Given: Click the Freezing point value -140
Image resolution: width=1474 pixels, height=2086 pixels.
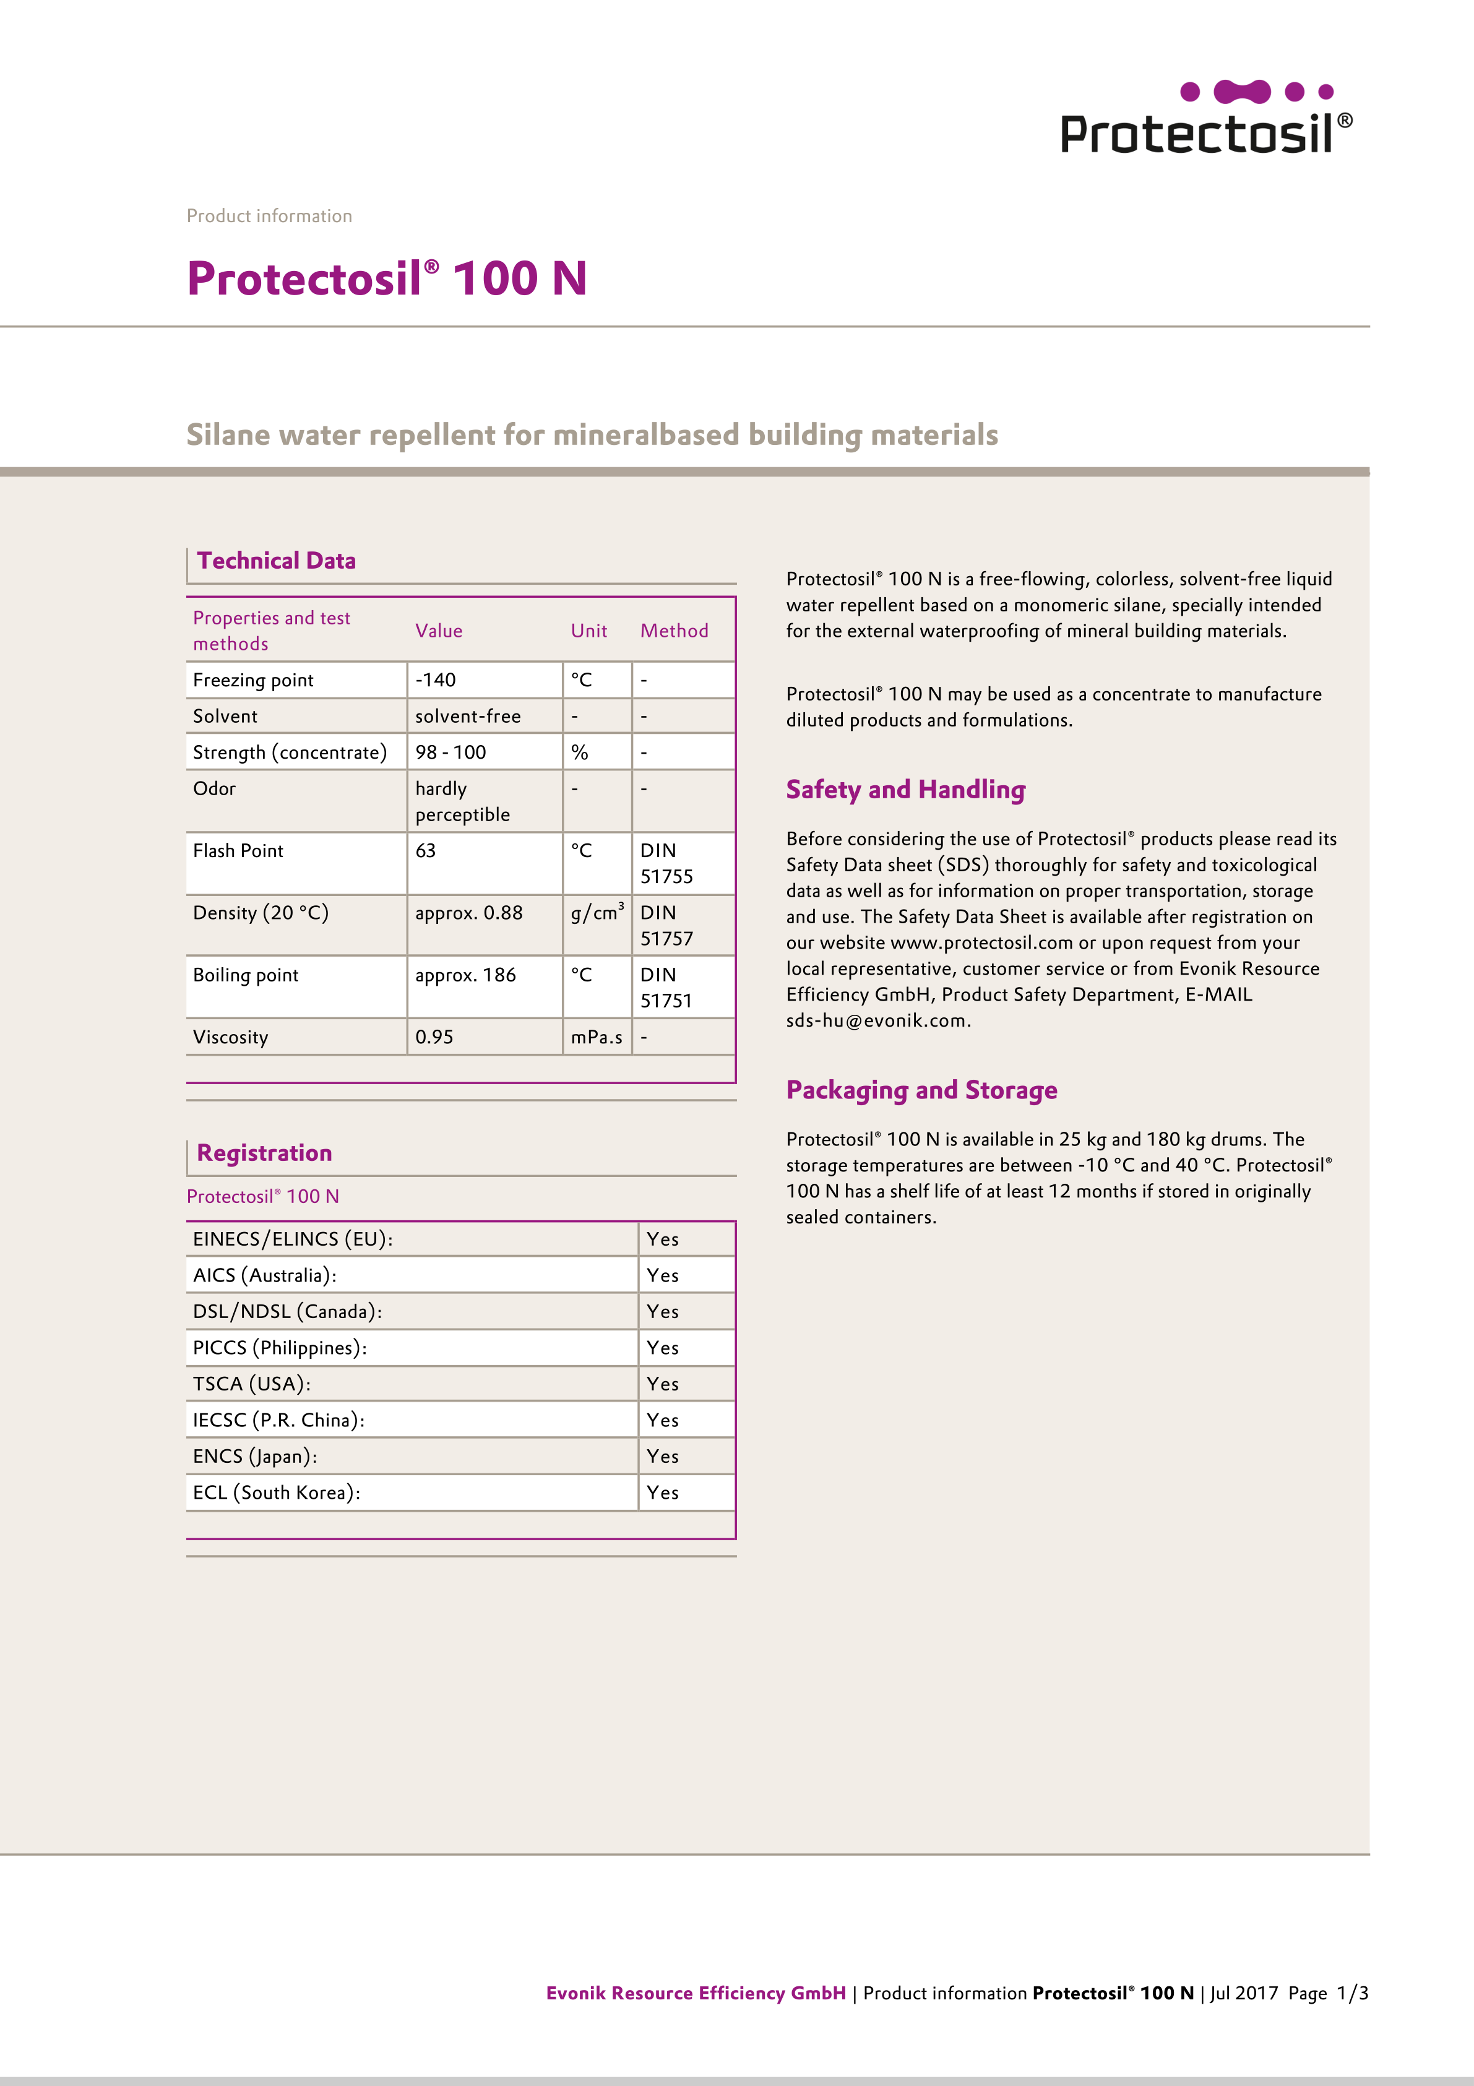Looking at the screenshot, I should [x=436, y=679].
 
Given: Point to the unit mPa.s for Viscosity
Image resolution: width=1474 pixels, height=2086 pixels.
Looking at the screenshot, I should [x=596, y=1037].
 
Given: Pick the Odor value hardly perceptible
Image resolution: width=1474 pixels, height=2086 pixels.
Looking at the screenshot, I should [x=462, y=801].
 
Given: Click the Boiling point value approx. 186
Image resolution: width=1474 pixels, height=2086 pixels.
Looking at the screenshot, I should [x=465, y=975].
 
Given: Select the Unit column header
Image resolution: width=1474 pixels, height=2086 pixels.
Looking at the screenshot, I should [x=589, y=631].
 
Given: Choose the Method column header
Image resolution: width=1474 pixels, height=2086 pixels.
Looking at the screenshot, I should [x=675, y=631].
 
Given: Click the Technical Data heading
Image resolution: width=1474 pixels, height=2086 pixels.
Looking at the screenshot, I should [x=276, y=561].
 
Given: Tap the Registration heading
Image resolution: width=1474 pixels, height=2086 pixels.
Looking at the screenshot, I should [x=264, y=1153].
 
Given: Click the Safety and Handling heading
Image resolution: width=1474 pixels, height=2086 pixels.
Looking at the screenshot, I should [x=905, y=790].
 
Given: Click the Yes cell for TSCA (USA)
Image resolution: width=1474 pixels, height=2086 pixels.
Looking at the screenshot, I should [x=663, y=1384].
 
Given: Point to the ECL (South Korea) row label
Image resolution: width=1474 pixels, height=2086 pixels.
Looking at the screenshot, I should [x=276, y=1493].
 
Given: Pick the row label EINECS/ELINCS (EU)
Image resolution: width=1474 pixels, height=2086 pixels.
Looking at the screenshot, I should [x=293, y=1239].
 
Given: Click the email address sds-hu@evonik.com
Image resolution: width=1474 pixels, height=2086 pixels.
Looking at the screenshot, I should [x=878, y=1020].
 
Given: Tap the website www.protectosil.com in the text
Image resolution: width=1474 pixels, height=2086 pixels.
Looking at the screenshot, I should [x=981, y=942].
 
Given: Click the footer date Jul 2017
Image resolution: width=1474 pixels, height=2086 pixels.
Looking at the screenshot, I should [x=1244, y=1993].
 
